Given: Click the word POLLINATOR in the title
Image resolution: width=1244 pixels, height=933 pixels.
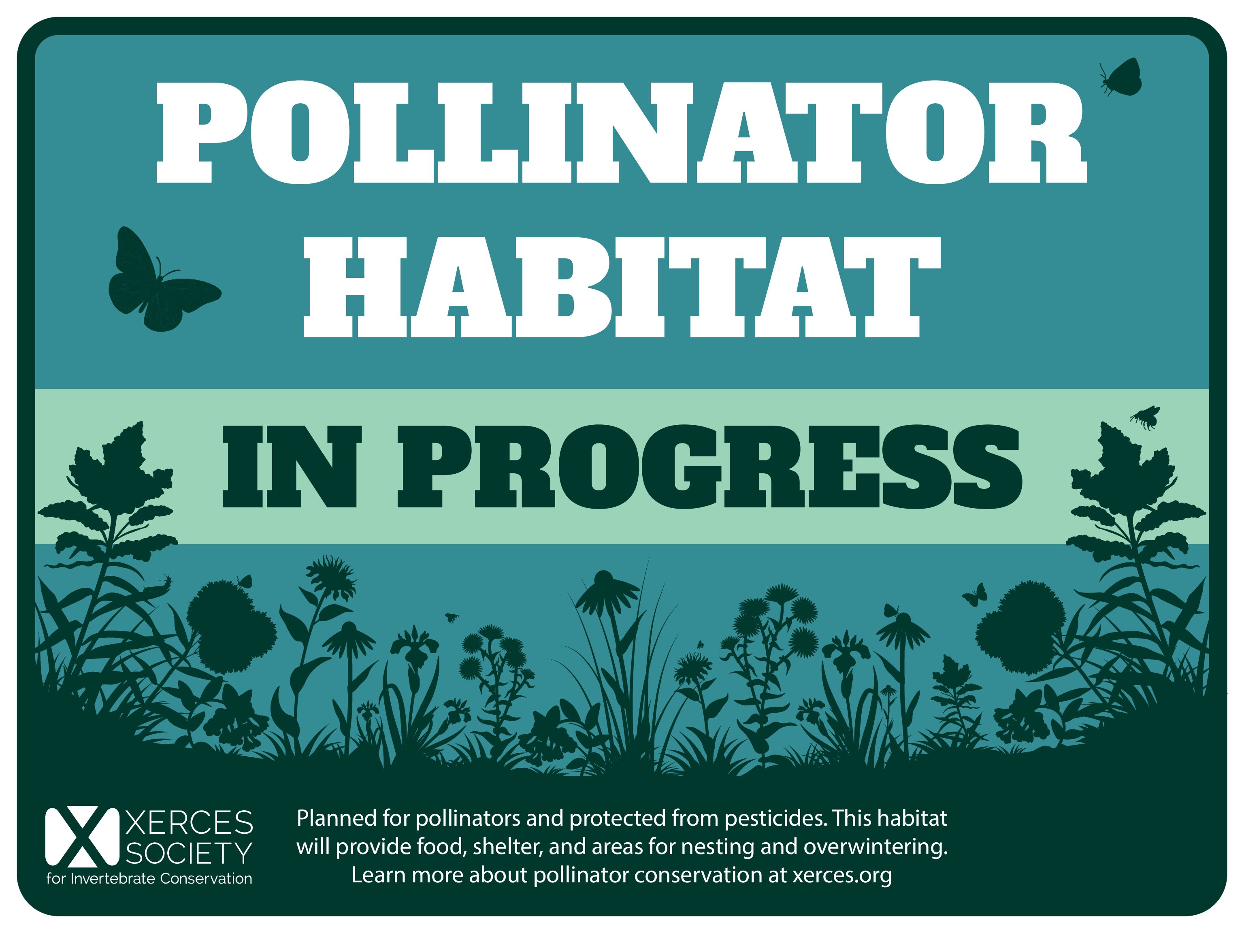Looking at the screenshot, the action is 622,133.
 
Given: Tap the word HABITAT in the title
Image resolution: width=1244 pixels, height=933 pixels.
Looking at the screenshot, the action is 622,287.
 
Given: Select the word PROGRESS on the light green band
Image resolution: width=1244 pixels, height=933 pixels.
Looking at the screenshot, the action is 710,467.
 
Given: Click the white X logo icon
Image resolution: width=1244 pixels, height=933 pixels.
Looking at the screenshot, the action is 82,837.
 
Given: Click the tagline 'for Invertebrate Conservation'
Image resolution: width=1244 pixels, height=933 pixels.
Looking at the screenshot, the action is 149,878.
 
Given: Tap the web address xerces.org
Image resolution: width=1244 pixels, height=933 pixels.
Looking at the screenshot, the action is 842,875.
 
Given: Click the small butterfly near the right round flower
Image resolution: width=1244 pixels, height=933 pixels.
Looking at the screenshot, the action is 975,594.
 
